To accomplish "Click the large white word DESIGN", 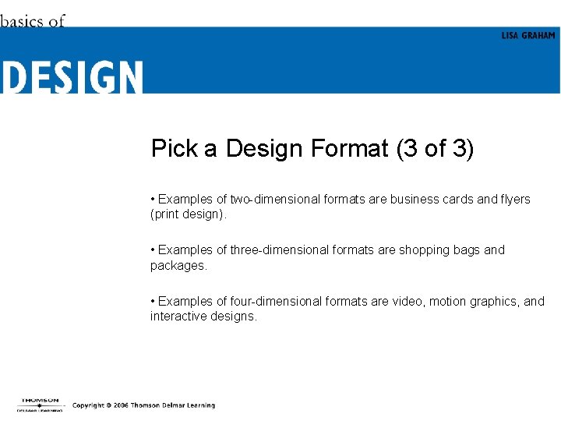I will click(x=72, y=78).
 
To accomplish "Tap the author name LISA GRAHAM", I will click(x=528, y=36).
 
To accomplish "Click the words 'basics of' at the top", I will click(x=32, y=21).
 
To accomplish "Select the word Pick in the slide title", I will click(x=174, y=148).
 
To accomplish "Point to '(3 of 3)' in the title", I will click(x=435, y=148).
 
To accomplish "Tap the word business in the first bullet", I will click(x=415, y=200).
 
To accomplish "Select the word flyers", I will click(x=513, y=200).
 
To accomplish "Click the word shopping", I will click(x=425, y=250).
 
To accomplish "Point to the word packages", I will click(x=178, y=265).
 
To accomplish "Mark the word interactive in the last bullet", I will click(x=178, y=317).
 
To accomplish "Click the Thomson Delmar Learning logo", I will click(x=41, y=405).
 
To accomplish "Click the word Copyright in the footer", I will click(x=88, y=405).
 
